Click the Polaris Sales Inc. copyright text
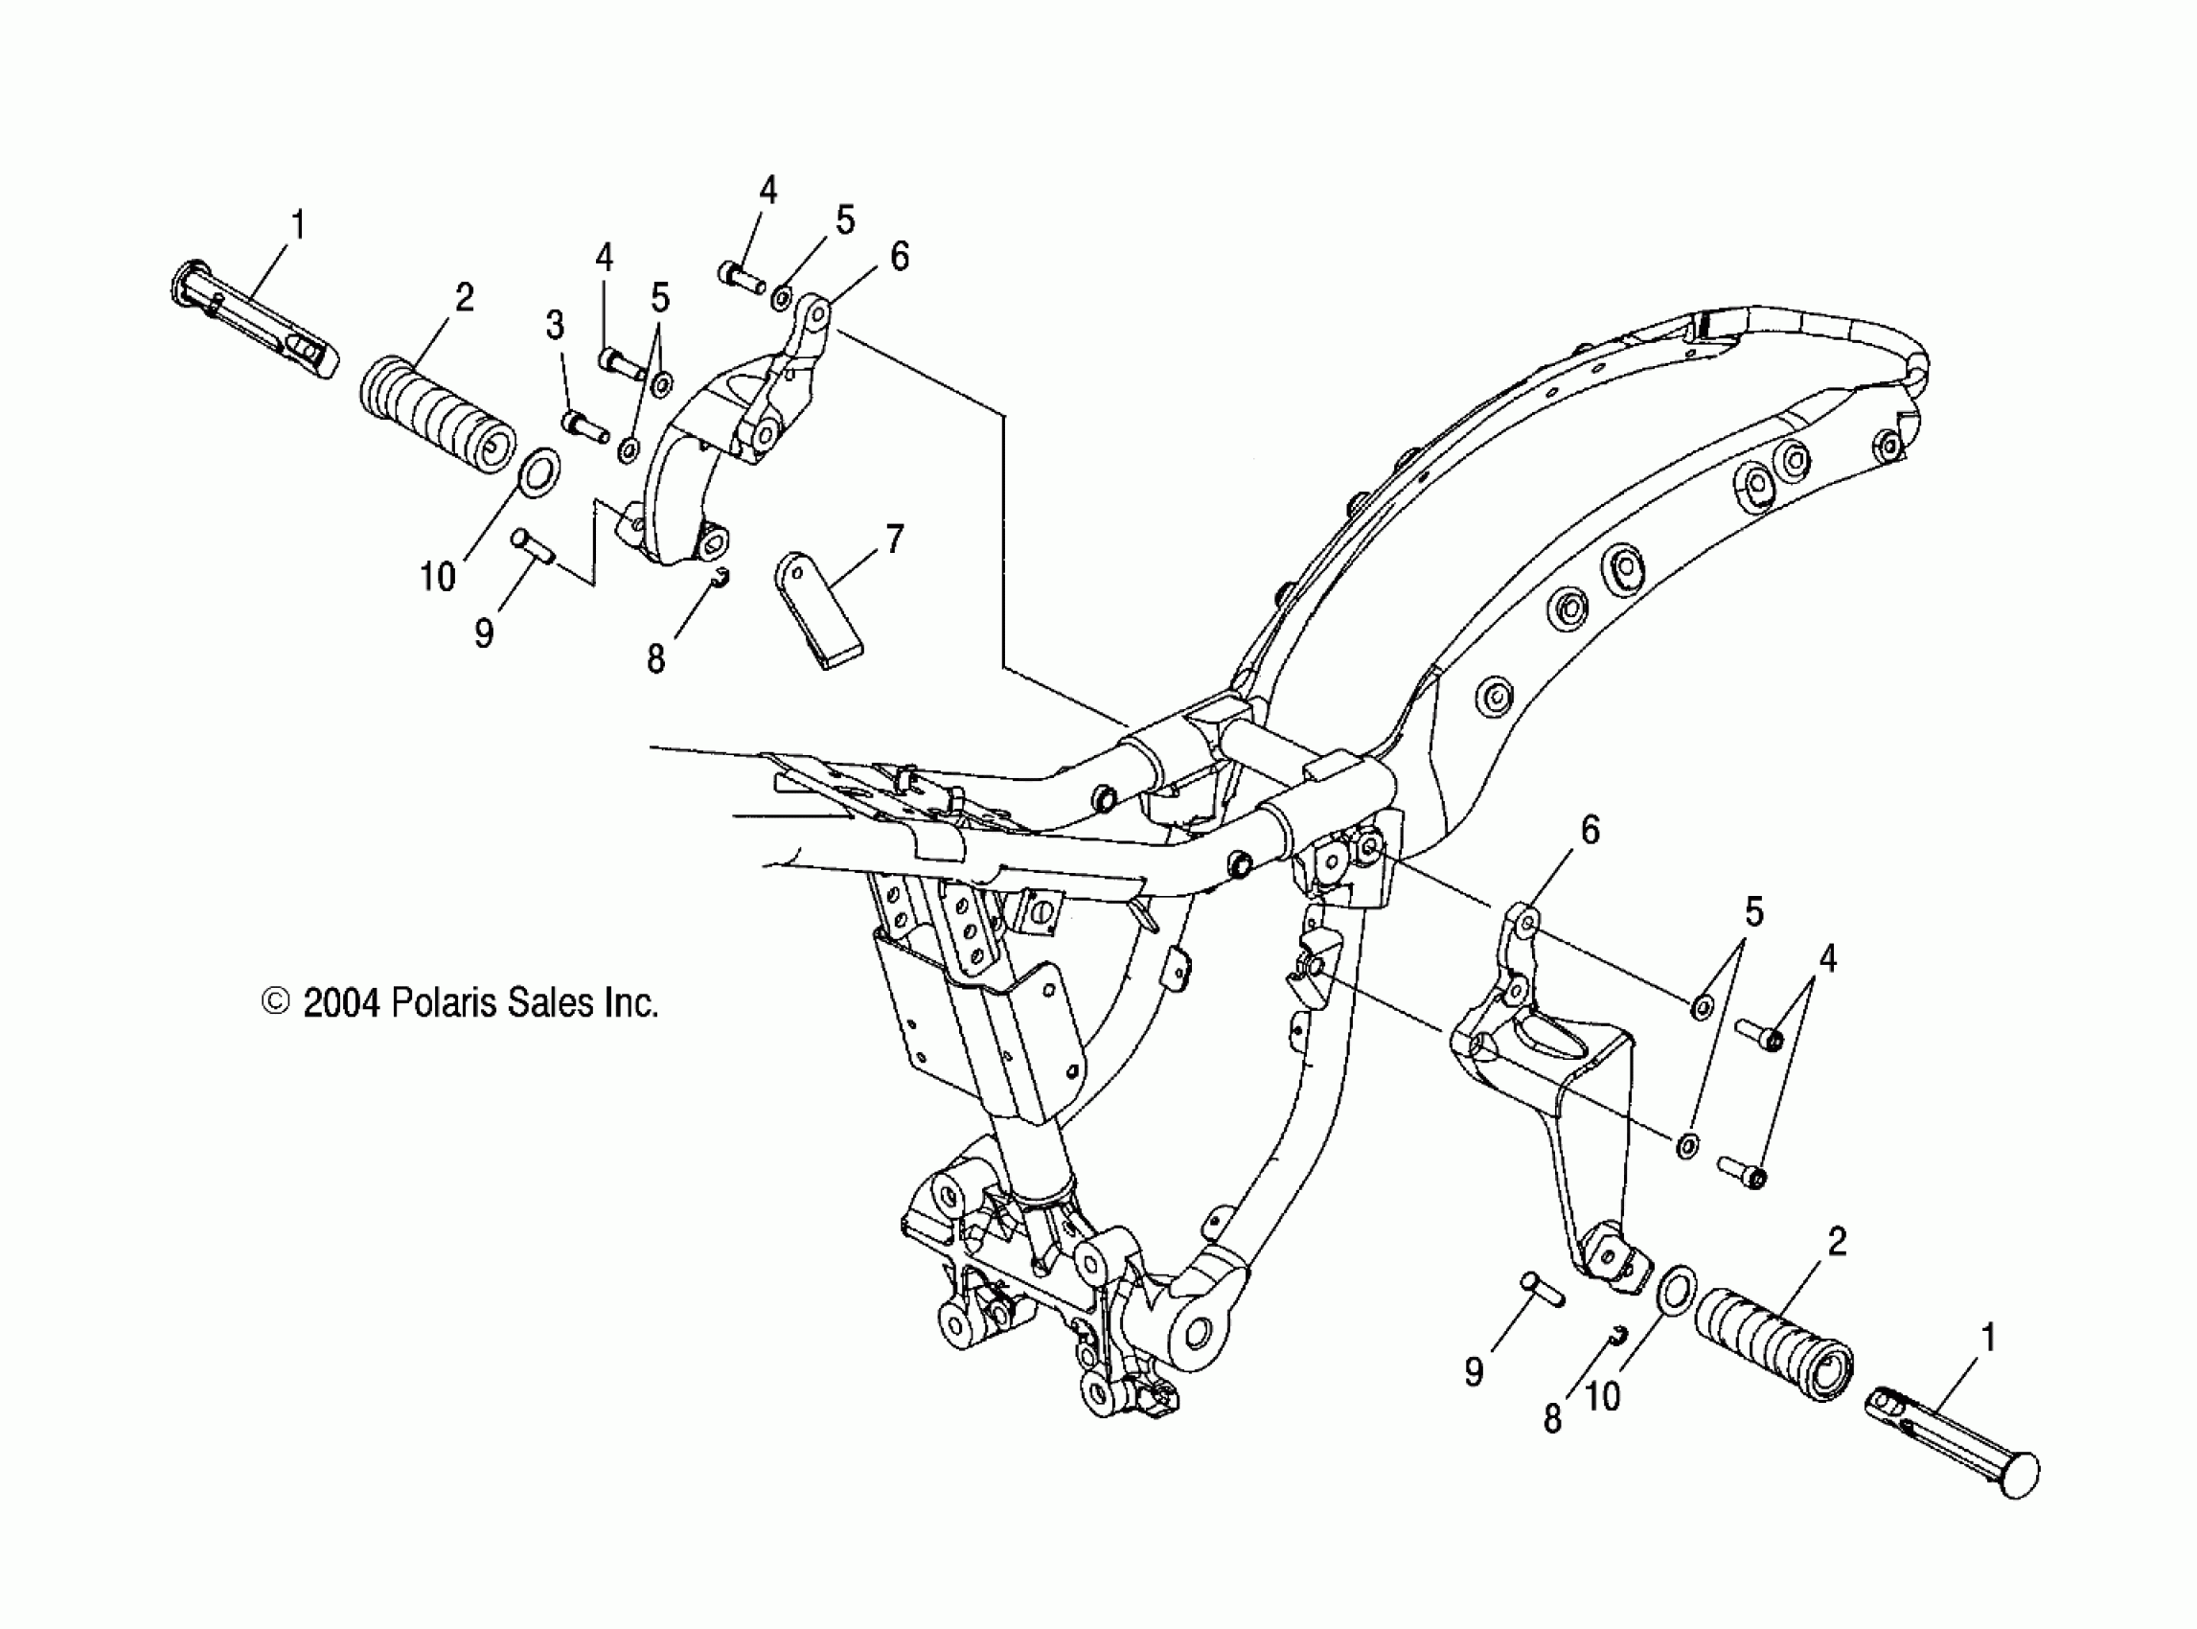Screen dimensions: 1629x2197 tap(460, 1003)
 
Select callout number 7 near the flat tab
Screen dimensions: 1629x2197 tap(893, 539)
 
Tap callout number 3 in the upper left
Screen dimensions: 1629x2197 tap(556, 325)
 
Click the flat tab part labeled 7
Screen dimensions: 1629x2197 tap(818, 612)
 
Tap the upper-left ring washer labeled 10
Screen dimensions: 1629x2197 tap(539, 471)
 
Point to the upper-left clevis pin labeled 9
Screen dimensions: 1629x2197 tap(533, 546)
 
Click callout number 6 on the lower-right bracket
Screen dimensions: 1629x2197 tap(1590, 830)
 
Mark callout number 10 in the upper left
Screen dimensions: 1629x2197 tap(438, 577)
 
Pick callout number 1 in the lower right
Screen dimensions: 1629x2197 tap(1988, 1338)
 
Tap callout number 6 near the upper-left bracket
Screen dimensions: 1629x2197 tap(900, 257)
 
